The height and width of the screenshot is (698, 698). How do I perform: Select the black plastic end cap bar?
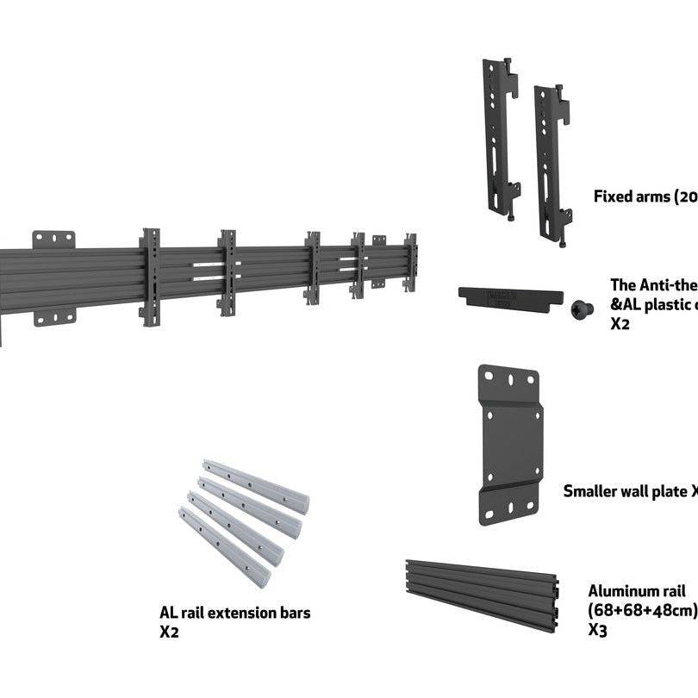[x=510, y=297]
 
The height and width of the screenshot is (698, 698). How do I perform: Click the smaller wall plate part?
[x=509, y=444]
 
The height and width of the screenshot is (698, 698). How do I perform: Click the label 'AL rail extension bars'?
[x=234, y=614]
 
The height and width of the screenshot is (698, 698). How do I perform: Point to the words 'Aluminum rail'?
[x=637, y=591]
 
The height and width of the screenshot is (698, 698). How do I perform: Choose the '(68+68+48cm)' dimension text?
[x=642, y=610]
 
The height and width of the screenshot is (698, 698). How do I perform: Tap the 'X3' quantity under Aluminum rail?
[x=598, y=630]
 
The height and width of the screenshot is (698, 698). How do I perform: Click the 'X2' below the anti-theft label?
[x=620, y=324]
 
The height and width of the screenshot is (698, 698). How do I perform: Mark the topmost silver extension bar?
[x=256, y=486]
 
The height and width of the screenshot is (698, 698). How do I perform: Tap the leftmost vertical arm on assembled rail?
[x=150, y=277]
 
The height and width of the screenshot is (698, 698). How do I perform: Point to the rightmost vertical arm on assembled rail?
[x=411, y=263]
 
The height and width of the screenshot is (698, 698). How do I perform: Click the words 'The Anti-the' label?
[x=652, y=285]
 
